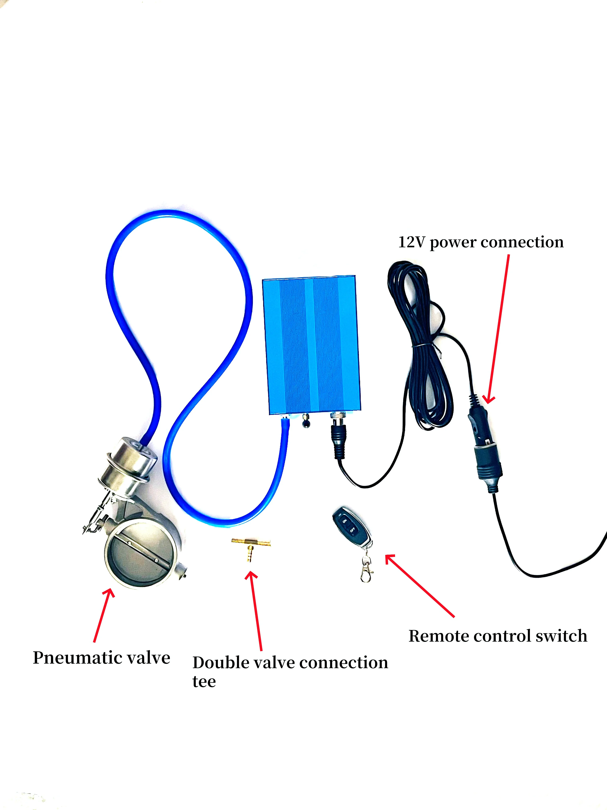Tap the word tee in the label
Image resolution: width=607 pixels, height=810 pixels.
(x=204, y=682)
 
